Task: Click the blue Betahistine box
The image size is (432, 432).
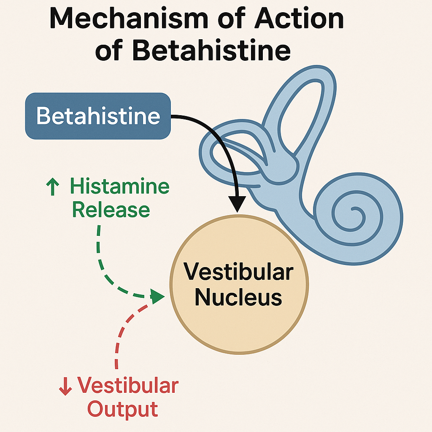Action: [98, 116]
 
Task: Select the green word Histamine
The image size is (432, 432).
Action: [120, 186]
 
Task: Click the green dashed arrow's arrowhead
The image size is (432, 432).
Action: [157, 297]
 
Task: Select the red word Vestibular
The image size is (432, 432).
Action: [128, 386]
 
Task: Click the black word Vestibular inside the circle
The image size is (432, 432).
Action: [238, 272]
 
